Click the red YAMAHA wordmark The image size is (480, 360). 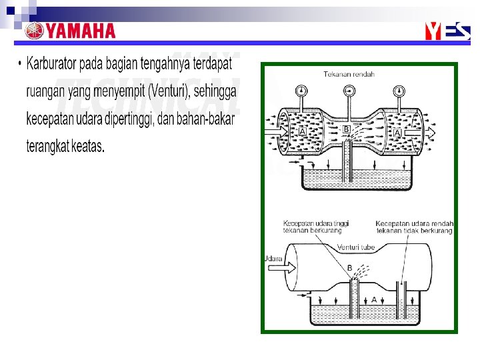[81, 31]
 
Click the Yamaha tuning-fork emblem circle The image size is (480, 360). [34, 31]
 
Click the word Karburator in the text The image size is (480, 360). [51, 65]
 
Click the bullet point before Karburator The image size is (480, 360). [20, 65]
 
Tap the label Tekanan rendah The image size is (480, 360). [349, 74]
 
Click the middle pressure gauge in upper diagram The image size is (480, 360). [349, 90]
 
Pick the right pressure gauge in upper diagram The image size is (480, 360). [399, 90]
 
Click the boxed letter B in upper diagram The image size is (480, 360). [346, 129]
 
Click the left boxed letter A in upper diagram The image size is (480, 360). [303, 133]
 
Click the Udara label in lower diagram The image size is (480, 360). [273, 258]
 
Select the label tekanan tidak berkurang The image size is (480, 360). [414, 231]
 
